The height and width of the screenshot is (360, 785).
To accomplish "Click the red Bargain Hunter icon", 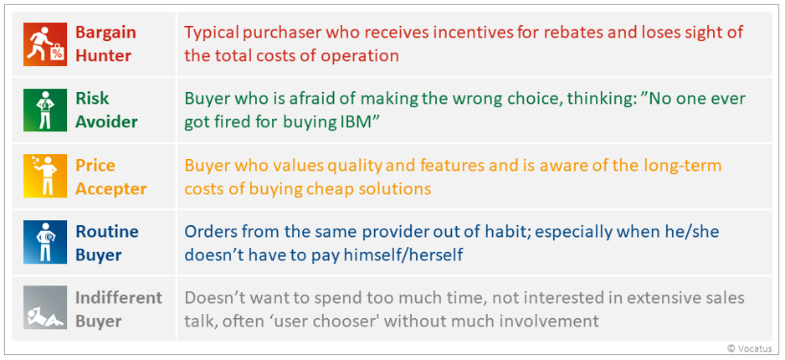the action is pos(45,44).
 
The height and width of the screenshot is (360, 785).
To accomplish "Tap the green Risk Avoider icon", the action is pos(45,111).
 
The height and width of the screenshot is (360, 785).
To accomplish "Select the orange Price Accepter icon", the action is pos(45,177).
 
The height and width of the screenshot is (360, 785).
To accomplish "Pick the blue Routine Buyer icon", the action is pos(45,242).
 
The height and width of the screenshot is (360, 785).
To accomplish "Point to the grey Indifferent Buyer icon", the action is pos(45,307).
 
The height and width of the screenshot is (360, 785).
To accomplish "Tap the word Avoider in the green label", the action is pos(106,121).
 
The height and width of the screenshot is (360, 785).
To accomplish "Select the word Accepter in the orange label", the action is pos(110,188).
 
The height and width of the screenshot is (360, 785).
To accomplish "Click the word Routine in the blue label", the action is pos(107,231).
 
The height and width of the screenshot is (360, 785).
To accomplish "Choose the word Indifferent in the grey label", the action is pos(119,298).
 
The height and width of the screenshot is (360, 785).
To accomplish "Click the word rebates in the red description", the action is pos(562,33).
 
